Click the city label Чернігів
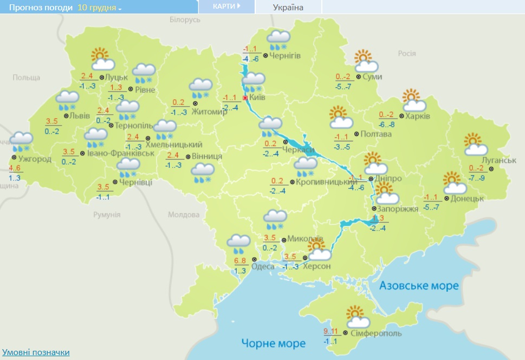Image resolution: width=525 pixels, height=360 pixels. click(286, 56)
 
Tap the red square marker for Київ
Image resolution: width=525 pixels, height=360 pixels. click(245, 98)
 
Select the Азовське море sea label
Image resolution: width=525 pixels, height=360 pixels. click(419, 285)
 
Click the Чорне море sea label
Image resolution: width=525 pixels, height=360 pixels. click(273, 343)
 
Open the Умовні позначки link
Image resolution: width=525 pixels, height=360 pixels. click(36, 352)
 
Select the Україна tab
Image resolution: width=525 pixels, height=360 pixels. click(288, 7)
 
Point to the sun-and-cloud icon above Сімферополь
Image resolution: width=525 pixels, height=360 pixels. click(356, 316)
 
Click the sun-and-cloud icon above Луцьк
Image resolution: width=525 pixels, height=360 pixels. click(100, 57)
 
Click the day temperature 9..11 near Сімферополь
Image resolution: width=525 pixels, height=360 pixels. click(330, 332)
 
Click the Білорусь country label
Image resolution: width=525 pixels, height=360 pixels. click(185, 19)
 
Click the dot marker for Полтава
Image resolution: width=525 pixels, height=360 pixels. click(356, 134)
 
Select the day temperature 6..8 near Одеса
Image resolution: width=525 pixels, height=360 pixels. click(240, 261)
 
